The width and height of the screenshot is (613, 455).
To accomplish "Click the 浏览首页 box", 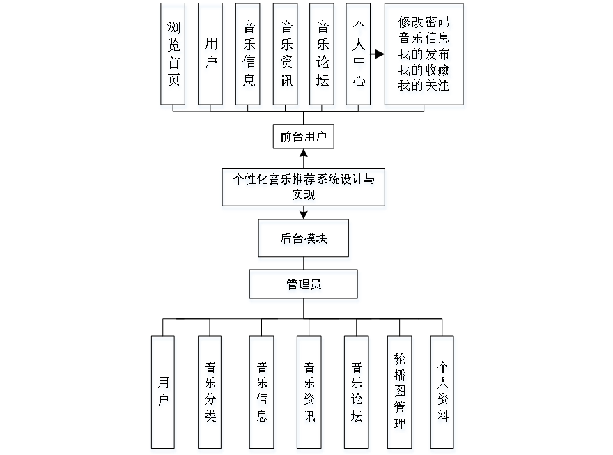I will coord(173,54).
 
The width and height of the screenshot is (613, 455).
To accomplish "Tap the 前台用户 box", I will coord(303,137).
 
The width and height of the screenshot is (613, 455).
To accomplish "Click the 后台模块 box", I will coord(303,238).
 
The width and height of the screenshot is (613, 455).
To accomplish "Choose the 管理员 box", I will coord(303,284).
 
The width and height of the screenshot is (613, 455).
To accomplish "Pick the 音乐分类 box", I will coord(210,392).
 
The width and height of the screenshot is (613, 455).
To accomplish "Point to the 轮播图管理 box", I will coord(400,392).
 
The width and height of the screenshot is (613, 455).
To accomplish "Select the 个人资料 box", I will coord(442,392).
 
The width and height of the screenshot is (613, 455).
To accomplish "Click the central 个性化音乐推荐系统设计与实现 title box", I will coord(303,187).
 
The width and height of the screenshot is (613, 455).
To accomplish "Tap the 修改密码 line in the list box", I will coord(424,22).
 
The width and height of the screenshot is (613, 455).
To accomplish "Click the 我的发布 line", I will coord(424,54).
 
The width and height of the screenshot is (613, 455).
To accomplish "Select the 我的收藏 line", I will coord(424,70).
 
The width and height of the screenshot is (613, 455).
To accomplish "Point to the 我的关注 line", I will coord(424,86).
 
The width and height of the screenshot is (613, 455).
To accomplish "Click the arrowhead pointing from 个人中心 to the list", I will coord(380,54).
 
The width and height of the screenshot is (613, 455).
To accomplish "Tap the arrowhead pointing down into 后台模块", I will coord(303,215).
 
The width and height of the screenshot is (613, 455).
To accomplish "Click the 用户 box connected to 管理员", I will coord(163,392).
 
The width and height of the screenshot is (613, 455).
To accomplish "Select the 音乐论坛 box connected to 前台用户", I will coord(323,54).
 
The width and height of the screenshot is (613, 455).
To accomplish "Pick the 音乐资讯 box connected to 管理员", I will coord(309,392).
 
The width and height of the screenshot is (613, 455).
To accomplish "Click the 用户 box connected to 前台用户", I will coord(210,54).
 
